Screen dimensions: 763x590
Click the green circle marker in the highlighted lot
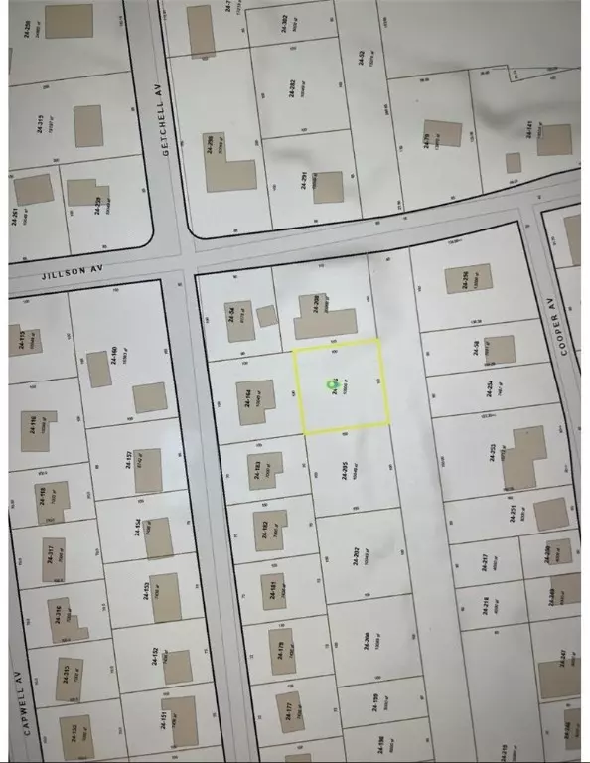click(332, 384)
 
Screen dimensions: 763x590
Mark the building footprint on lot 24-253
click(523, 457)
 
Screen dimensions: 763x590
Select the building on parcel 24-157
click(150, 397)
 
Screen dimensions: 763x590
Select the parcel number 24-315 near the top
click(41, 126)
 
